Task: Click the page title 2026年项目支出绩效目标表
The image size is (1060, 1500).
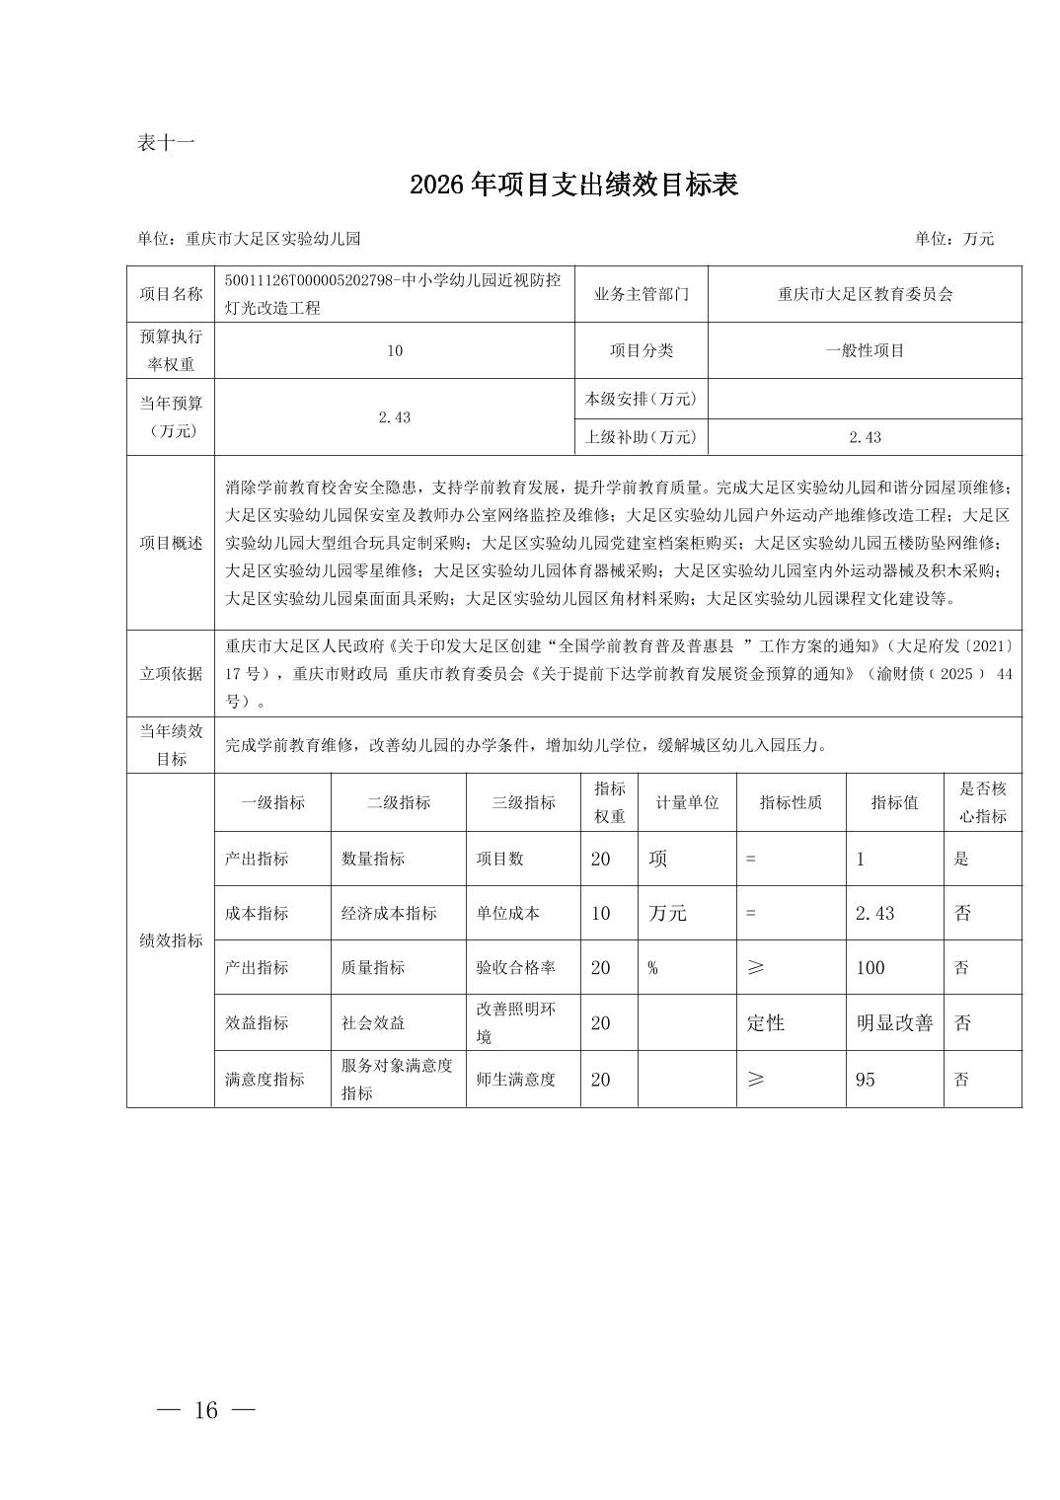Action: [x=573, y=186]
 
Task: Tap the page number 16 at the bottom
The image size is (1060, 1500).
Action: [x=206, y=1410]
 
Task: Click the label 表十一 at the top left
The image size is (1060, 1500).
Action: [x=166, y=143]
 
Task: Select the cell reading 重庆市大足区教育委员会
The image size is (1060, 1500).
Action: [x=865, y=294]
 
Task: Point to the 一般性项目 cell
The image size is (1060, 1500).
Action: [x=865, y=350]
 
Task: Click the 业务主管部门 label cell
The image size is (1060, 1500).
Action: [x=642, y=294]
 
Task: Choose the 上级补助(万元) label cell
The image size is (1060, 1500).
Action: [x=642, y=437]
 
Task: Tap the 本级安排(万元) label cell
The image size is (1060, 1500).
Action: [x=642, y=399]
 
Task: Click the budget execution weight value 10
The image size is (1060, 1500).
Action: [x=395, y=350]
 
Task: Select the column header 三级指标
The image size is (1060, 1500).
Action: [x=523, y=802]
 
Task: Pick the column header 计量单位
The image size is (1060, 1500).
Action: [x=687, y=802]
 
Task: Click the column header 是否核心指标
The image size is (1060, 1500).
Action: [x=982, y=802]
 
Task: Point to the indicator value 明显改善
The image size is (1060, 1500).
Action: [x=894, y=1023]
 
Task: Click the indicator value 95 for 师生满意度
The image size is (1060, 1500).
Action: [x=866, y=1080]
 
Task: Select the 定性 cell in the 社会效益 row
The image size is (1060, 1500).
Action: [x=766, y=1023]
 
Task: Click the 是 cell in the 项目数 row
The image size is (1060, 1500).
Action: [x=961, y=860]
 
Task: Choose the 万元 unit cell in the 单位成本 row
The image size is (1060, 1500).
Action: [x=667, y=914]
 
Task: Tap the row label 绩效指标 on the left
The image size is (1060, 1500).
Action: [x=171, y=940]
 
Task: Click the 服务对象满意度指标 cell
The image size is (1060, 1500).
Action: [x=397, y=1080]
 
